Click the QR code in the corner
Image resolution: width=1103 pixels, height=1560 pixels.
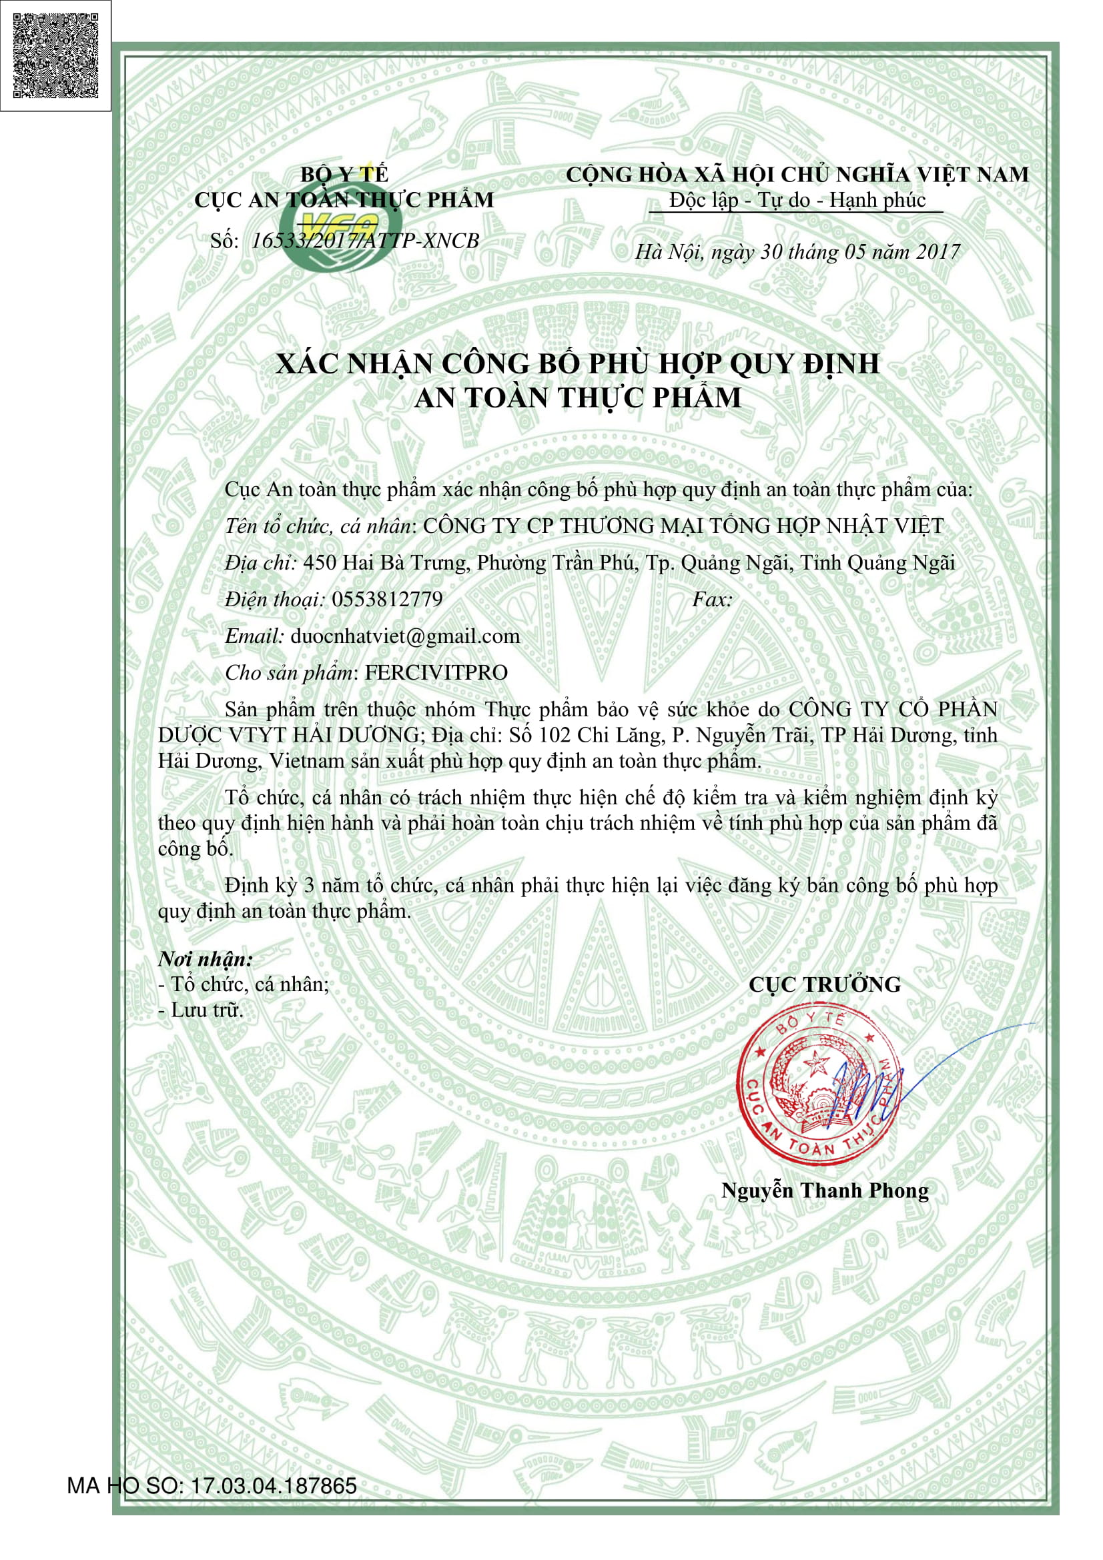55,55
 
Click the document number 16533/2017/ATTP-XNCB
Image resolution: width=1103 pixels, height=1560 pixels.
365,241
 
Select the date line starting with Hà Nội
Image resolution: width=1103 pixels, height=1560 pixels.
797,252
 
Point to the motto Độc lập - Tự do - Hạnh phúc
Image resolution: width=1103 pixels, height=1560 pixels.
797,201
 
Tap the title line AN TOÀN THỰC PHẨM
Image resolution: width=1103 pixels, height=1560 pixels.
577,398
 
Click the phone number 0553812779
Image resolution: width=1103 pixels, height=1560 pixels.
387,600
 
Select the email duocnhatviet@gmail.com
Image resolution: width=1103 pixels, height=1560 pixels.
404,636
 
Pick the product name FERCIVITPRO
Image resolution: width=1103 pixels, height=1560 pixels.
436,673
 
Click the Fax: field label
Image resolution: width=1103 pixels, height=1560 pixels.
711,600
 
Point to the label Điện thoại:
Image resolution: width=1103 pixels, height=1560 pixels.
275,600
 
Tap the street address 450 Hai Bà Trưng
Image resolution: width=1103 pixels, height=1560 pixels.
385,563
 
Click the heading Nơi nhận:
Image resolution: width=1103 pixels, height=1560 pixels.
206,959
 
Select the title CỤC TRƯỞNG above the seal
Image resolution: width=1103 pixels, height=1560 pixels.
824,984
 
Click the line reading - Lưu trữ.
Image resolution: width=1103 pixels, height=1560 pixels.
200,1010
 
